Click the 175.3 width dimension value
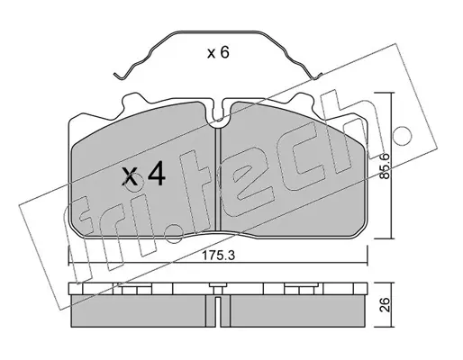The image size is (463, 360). pyautogui.click(x=218, y=256)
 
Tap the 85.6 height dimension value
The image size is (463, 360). pyautogui.click(x=385, y=166)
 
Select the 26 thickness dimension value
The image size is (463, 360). pyautogui.click(x=385, y=305)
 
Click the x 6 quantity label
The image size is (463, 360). pyautogui.click(x=218, y=53)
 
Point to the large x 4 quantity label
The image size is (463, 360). pyautogui.click(x=144, y=174)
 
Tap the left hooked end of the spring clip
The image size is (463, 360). pyautogui.click(x=119, y=76)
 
